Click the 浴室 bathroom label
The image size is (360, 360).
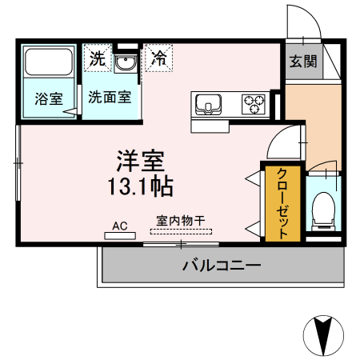coord(48,99)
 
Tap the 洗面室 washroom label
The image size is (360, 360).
coord(110,99)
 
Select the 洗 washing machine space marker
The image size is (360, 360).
coord(97,58)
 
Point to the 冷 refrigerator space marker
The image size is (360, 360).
coord(159,58)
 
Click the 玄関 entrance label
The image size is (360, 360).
coord(302,62)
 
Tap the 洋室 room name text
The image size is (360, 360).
coord(140,161)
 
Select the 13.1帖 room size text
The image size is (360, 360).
coord(141,188)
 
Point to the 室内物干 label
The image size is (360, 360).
coord(180,220)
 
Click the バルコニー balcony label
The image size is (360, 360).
coord(221,266)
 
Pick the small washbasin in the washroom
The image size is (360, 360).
coord(123,63)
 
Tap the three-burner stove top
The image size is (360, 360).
coord(254,104)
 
